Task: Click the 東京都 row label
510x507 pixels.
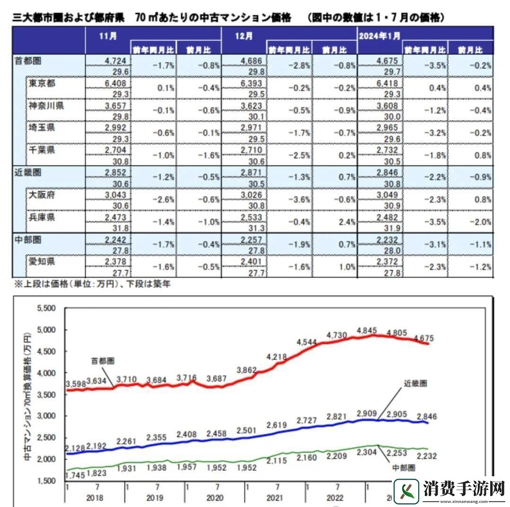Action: (42, 83)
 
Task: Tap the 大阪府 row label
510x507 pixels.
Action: (42, 195)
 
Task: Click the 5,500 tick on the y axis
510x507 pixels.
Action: (46, 308)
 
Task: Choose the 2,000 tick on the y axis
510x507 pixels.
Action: (46, 459)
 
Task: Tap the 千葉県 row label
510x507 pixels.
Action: (42, 150)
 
